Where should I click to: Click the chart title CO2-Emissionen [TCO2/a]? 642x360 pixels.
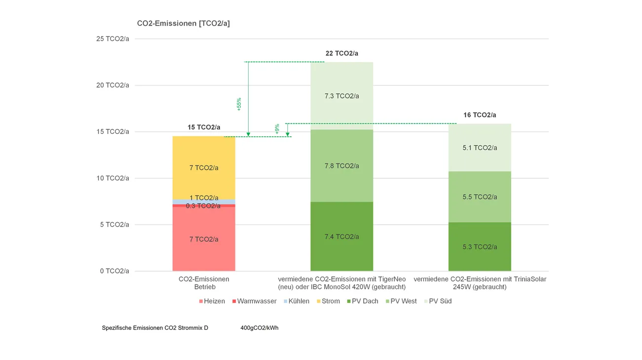[183, 23]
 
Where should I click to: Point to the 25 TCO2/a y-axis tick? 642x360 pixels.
[113, 39]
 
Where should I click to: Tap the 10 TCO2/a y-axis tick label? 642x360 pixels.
[113, 178]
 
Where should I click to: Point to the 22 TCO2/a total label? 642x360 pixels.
[341, 53]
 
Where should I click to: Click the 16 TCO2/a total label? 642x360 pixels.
[480, 115]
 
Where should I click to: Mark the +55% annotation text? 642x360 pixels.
[239, 104]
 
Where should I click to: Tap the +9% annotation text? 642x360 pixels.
[277, 129]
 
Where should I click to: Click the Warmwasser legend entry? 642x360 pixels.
[257, 301]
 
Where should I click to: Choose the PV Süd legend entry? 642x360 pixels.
[440, 301]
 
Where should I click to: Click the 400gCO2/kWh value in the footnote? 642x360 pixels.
[260, 327]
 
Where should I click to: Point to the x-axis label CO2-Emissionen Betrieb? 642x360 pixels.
[204, 283]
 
